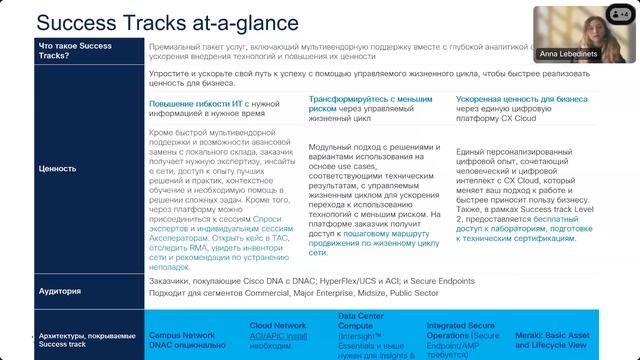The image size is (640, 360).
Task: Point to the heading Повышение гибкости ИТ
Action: (x=194, y=103)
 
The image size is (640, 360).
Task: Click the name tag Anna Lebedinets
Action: (x=568, y=57)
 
